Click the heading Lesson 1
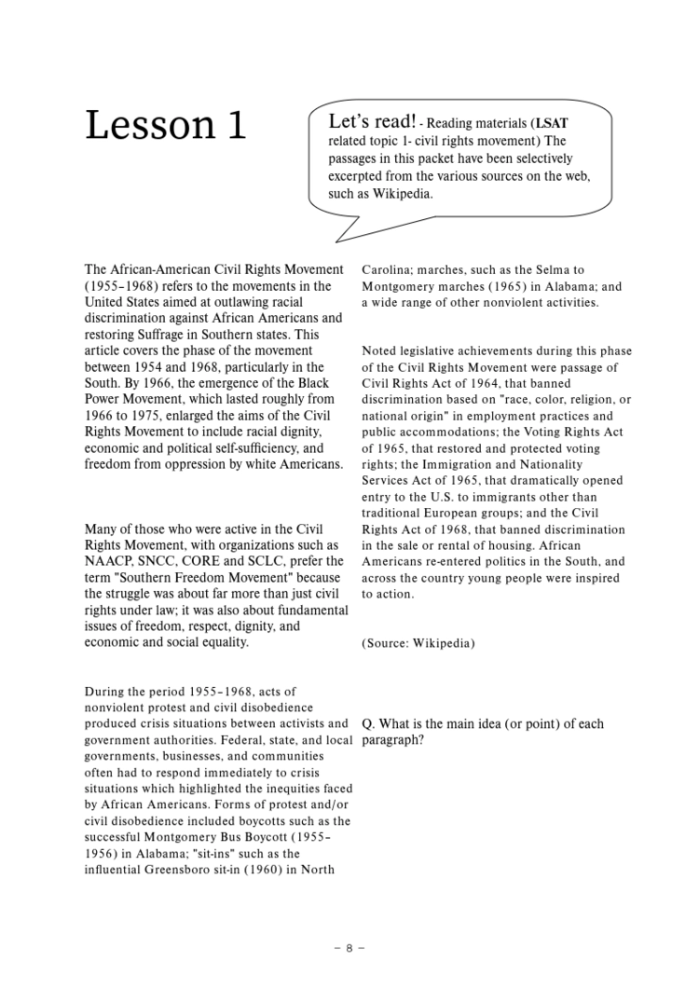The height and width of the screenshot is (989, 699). tap(166, 126)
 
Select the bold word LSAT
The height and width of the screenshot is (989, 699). tap(552, 123)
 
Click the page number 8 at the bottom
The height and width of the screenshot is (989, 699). tap(349, 948)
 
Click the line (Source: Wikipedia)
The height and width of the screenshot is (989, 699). tap(418, 643)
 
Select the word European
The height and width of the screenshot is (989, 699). tap(457, 513)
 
